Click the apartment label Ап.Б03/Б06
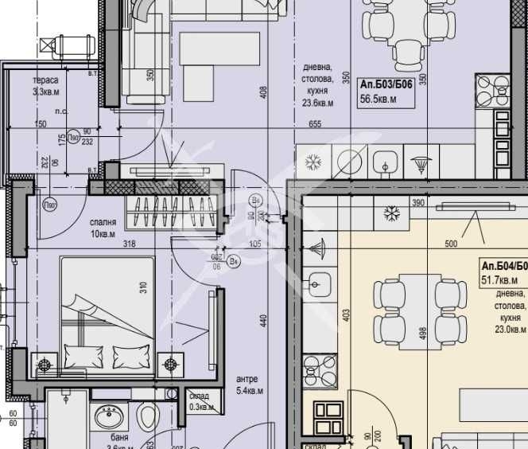coord(386,84)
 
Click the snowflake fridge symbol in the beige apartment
coord(390,213)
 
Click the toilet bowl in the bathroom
coord(147,416)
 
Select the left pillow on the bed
coord(80,354)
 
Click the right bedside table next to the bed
coord(170,365)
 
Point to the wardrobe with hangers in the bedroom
coord(173,212)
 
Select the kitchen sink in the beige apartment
coord(320,282)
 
